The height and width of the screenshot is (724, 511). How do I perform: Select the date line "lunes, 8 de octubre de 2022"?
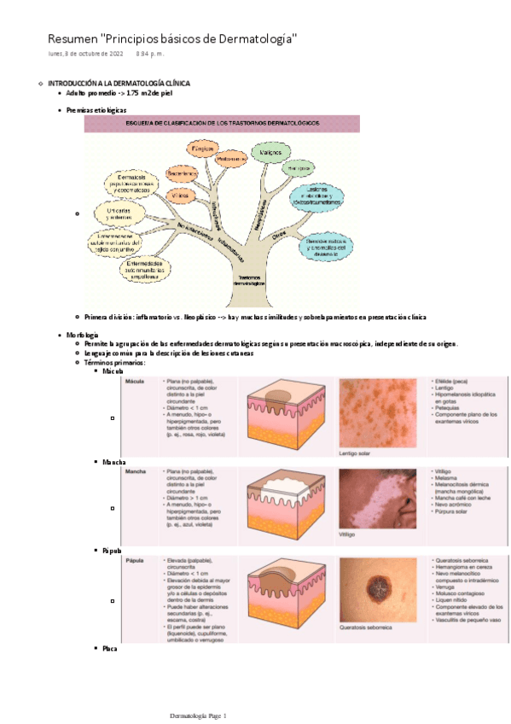[x=86, y=55]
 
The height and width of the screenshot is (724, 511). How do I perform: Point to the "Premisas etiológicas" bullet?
[x=96, y=110]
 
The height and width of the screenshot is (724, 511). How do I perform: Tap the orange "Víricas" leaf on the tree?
[x=180, y=195]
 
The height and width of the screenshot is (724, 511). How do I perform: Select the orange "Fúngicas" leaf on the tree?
[x=202, y=149]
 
